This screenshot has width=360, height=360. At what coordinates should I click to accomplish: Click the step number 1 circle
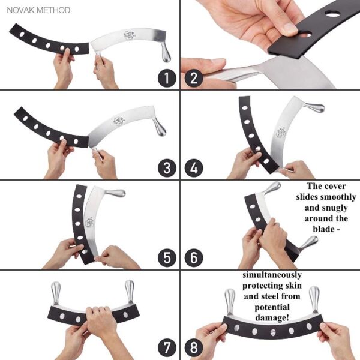click(x=167, y=78)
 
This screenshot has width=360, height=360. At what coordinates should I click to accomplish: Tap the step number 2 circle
click(x=194, y=78)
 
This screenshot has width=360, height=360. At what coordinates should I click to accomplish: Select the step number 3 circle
click(x=167, y=168)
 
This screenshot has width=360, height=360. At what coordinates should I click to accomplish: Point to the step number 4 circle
click(x=194, y=168)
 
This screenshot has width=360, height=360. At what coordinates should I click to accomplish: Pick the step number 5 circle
click(x=167, y=257)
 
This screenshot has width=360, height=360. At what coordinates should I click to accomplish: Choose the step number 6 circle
click(x=194, y=257)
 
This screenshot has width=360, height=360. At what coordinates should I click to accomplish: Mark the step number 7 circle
click(x=167, y=348)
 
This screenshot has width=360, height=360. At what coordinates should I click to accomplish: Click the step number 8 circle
click(x=194, y=348)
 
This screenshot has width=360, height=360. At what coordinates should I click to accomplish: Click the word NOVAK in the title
click(x=20, y=10)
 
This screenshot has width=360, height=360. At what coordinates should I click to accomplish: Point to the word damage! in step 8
click(x=272, y=317)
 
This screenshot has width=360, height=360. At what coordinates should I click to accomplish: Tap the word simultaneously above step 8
click(x=272, y=275)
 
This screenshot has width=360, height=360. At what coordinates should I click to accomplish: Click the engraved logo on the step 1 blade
click(x=130, y=35)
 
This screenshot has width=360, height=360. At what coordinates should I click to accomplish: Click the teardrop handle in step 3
click(x=160, y=127)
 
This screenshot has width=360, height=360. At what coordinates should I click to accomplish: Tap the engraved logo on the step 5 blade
click(x=89, y=222)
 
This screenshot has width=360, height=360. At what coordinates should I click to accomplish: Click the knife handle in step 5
click(x=116, y=193)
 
